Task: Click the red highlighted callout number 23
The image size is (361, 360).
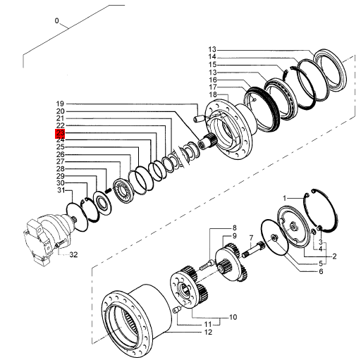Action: [x=60, y=133]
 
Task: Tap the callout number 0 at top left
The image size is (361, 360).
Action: [x=58, y=21]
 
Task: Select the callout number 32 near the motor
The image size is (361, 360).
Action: [x=73, y=254]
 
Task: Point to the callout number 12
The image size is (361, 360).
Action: [x=209, y=332]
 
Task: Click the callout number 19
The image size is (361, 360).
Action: [x=60, y=104]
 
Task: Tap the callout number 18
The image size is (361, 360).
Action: [x=212, y=94]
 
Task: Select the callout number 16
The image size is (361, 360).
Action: [x=212, y=80]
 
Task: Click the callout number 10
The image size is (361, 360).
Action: [x=232, y=317]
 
